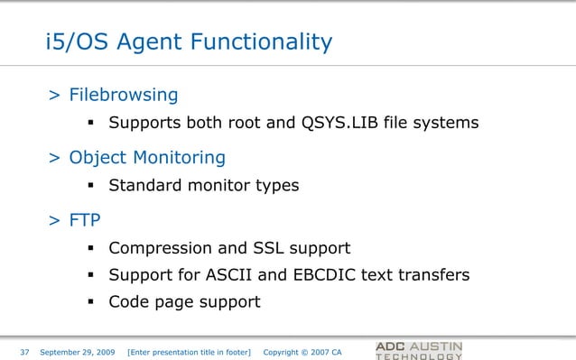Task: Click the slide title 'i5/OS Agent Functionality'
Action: click(x=189, y=42)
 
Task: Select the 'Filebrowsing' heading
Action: click(x=124, y=95)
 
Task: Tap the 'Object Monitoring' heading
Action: click(x=147, y=158)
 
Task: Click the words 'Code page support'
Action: click(x=184, y=301)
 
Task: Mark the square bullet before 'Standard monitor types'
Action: click(x=92, y=186)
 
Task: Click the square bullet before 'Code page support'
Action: click(x=92, y=301)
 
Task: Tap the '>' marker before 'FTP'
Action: click(x=55, y=221)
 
